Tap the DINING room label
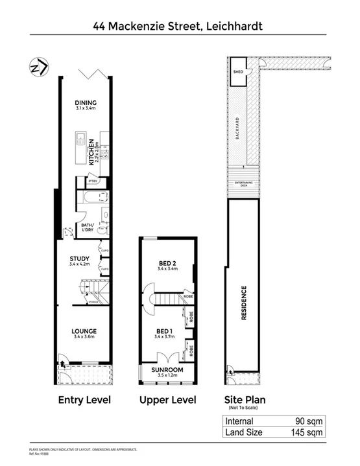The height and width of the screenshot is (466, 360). pyautogui.click(x=85, y=102)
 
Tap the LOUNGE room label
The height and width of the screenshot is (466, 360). pyautogui.click(x=84, y=329)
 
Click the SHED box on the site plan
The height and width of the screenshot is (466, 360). pyautogui.click(x=237, y=72)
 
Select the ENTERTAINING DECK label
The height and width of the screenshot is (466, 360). pyautogui.click(x=243, y=185)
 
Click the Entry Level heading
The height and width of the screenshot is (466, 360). pyautogui.click(x=84, y=400)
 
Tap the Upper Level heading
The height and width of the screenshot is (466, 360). pyautogui.click(x=167, y=400)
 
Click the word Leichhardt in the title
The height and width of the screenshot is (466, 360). pyautogui.click(x=226, y=27)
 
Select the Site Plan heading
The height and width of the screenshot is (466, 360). pyautogui.click(x=245, y=399)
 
